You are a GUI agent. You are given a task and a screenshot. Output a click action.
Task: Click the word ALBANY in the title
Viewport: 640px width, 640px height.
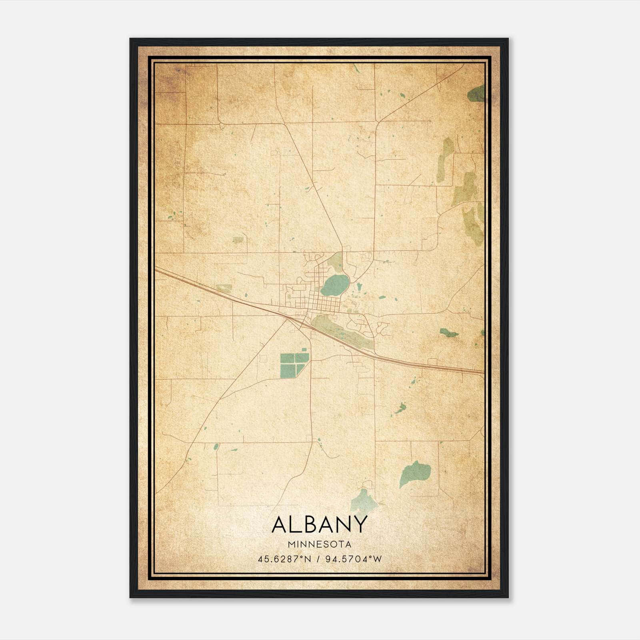319,524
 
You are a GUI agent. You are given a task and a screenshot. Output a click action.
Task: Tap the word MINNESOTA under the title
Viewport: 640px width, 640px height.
319,544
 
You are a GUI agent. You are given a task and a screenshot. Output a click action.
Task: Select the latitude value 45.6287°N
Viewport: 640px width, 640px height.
284,559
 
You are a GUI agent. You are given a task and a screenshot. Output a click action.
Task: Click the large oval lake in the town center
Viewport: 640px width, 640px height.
334,285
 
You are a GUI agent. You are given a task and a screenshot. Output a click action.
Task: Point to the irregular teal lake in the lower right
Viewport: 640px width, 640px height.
415,474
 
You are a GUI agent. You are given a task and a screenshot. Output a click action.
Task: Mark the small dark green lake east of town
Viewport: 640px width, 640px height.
448,332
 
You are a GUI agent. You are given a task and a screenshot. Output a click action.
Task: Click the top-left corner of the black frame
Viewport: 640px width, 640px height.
131,39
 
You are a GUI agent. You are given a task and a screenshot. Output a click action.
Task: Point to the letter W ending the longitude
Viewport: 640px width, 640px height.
377,559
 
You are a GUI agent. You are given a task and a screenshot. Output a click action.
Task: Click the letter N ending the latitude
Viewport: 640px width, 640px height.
308,559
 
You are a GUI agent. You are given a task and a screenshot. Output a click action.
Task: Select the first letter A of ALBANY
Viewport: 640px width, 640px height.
279,524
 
